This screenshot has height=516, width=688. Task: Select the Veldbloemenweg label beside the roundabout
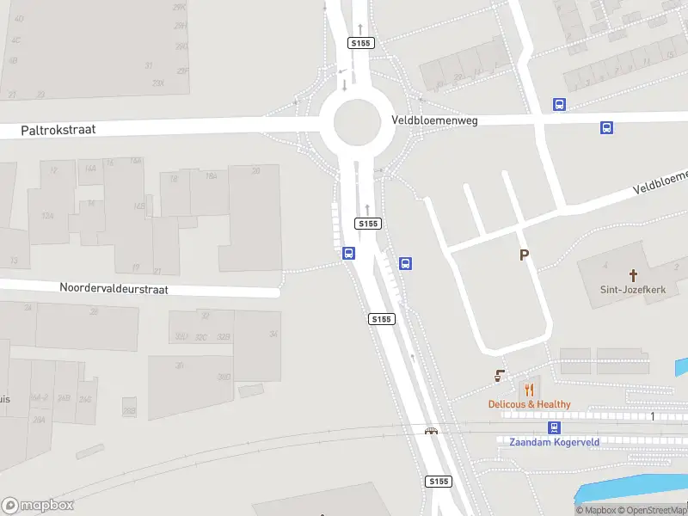434,120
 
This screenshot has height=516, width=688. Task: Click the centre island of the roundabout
356,122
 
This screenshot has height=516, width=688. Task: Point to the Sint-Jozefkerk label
634,290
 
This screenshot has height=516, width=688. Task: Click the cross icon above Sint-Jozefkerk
634,275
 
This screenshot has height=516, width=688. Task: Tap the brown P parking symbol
524,255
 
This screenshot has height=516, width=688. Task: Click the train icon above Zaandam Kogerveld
555,427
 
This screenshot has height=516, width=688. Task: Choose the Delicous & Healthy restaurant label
529,404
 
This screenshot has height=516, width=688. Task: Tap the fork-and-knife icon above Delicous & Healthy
528,390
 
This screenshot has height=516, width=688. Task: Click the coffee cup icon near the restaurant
500,376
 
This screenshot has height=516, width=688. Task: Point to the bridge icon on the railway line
431,430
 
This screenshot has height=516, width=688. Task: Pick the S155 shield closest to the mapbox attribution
439,482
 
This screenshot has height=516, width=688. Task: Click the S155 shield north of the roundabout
359,42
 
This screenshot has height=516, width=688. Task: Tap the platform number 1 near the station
653,416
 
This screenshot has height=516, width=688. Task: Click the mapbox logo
38,506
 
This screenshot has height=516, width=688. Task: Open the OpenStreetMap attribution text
656,511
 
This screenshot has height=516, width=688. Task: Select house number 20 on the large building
255,170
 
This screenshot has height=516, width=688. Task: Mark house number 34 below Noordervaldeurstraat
273,334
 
